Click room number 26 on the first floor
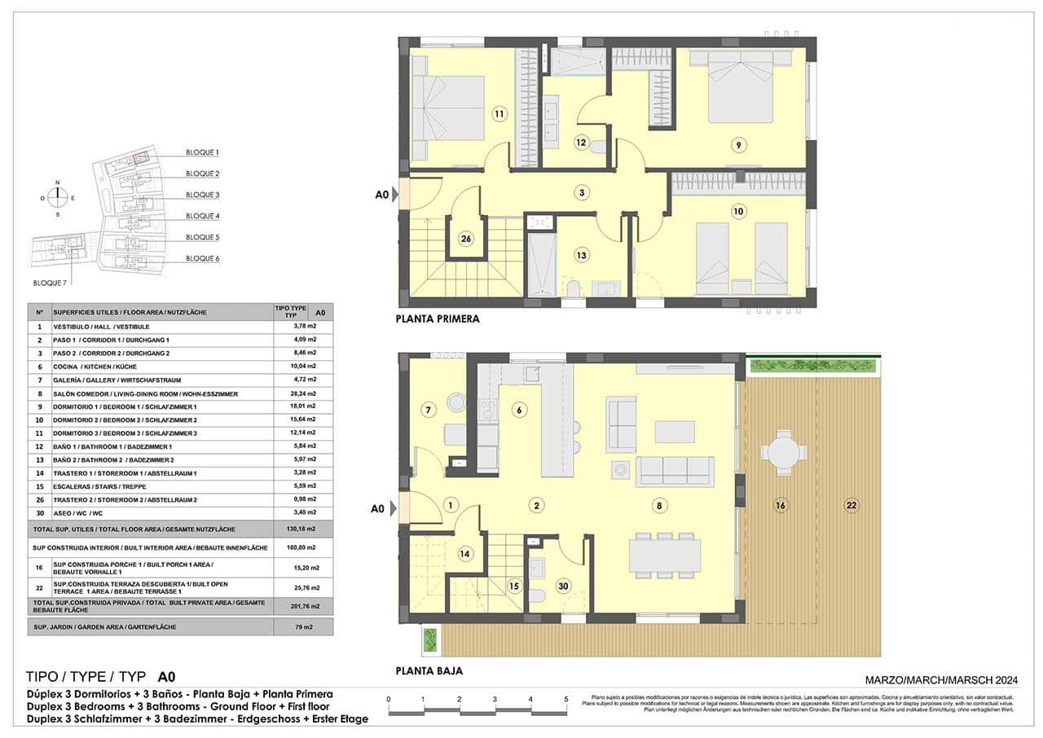pos(466,239)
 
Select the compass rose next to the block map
pos(57,197)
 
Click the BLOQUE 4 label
pos(202,216)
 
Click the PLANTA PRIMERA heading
pos(437,319)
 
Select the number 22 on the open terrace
pos(852,506)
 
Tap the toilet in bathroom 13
pos(572,288)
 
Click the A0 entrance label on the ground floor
pos(378,508)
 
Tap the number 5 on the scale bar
pos(566,700)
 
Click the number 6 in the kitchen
pos(517,410)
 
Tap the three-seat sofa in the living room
pos(675,471)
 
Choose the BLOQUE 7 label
pos(51,283)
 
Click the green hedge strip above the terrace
pos(812,365)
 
